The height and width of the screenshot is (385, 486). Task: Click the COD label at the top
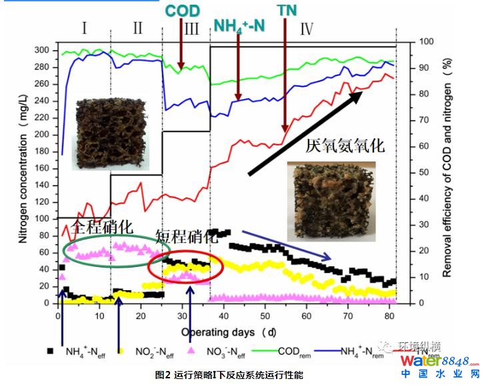point(182,11)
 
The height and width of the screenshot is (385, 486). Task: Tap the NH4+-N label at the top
point(239,27)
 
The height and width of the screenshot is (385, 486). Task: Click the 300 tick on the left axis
point(41,51)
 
